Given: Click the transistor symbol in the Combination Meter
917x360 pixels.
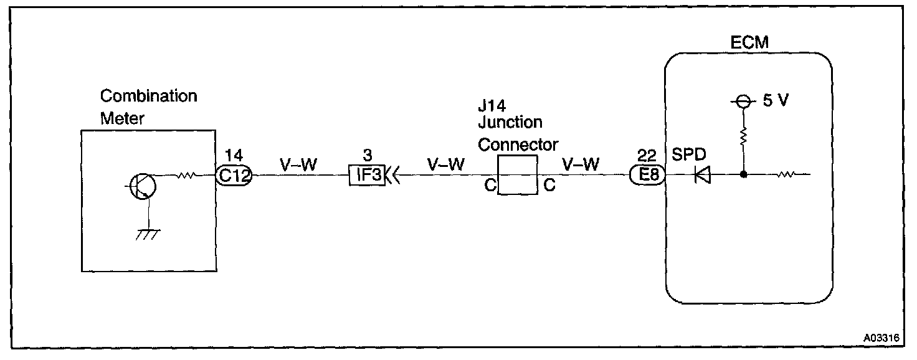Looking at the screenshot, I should pos(141,186).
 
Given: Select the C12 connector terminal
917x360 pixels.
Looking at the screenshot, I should pos(234,176).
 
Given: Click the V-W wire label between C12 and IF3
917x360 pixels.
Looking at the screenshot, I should pos(300,166).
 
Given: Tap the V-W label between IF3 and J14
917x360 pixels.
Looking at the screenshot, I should pos(446,166).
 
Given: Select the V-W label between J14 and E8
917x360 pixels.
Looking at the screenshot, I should pos(581,166).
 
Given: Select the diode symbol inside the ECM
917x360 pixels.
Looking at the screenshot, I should pos(703,176).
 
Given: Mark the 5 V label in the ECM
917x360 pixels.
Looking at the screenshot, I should pos(774,101).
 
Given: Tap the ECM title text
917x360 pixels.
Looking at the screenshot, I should pos(749,42).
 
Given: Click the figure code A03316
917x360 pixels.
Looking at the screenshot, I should pos(881,338).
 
